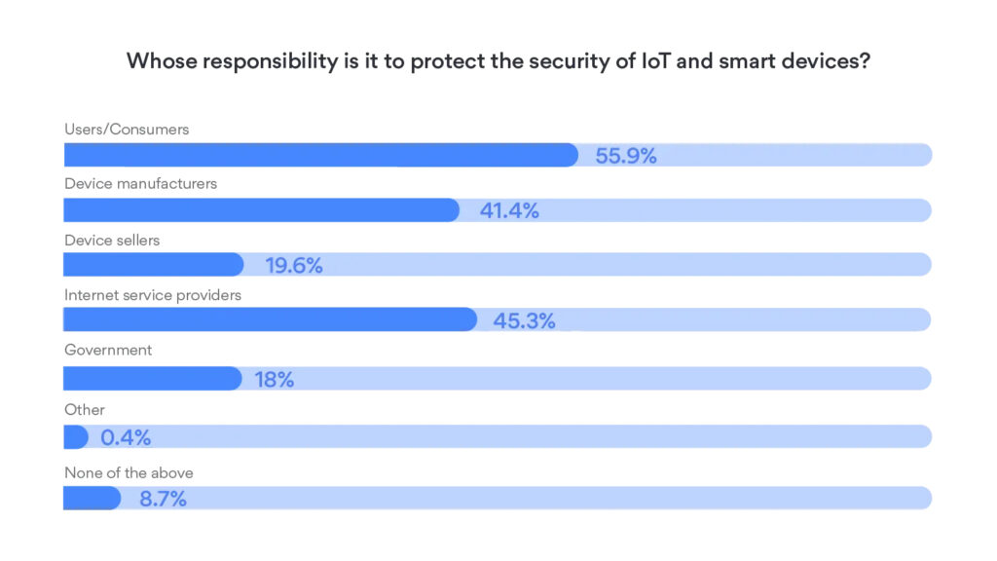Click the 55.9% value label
(x=626, y=155)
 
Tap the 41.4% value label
(x=509, y=210)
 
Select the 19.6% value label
(x=294, y=265)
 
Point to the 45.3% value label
(x=525, y=320)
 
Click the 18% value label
(x=275, y=380)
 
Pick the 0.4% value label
(x=126, y=437)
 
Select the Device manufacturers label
(x=140, y=183)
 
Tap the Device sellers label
(x=111, y=239)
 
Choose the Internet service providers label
(x=152, y=294)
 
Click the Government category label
(x=108, y=350)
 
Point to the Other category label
(x=84, y=410)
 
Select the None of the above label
(x=129, y=472)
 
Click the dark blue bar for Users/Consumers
(x=321, y=155)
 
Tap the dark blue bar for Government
(x=152, y=379)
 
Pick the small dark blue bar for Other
(x=76, y=437)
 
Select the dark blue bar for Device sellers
(x=153, y=265)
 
